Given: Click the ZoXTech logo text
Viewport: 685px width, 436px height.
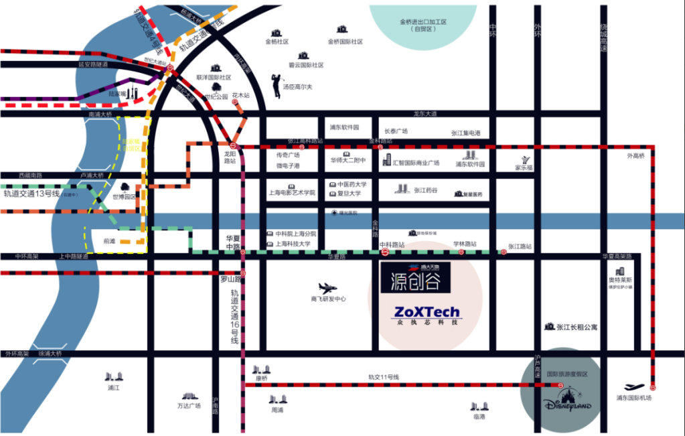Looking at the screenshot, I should tap(427, 312).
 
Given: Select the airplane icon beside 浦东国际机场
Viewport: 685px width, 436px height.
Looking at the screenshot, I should tap(633, 387).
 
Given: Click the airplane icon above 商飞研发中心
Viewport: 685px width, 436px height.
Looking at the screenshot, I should tap(327, 289).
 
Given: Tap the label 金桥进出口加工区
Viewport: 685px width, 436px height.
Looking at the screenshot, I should tap(423, 21).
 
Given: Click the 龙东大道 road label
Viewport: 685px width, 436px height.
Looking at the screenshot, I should tap(425, 114).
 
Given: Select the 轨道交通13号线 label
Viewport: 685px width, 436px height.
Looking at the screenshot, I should tap(31, 194).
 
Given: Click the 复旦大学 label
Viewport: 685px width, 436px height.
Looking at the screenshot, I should tap(349, 194).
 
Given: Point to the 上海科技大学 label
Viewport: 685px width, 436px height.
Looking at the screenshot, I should tap(293, 244).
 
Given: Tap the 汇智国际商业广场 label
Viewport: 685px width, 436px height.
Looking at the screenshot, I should tap(415, 163).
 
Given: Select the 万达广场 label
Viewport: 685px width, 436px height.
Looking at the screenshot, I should tap(189, 405).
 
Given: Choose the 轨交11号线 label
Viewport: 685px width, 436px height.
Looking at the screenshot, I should tap(383, 377).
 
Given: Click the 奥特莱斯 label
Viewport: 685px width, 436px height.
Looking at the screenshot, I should tap(620, 279).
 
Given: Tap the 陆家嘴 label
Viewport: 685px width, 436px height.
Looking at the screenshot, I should tap(118, 94).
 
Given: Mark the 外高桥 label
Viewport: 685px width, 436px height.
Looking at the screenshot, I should tap(635, 156).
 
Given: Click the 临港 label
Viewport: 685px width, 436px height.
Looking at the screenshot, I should tap(478, 416).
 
